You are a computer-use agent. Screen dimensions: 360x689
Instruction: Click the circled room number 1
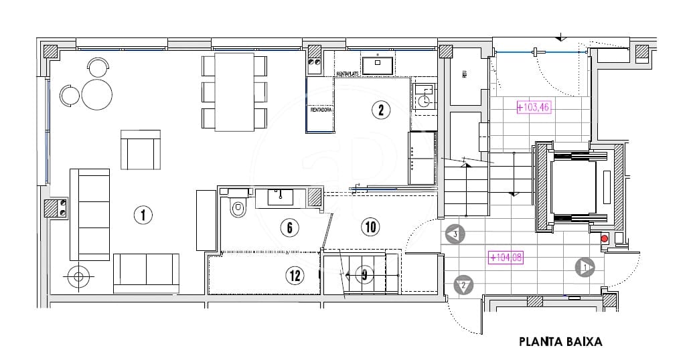143,215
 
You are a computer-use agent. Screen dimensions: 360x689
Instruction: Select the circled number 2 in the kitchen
380,110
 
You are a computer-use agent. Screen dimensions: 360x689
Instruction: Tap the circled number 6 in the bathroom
289,228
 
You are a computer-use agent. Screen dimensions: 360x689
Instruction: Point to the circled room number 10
370,227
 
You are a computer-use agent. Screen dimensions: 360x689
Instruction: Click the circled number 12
295,274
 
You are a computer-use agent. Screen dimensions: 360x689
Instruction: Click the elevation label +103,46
533,106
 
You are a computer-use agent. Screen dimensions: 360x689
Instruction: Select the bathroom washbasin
280,197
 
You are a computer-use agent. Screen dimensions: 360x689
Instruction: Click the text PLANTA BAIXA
560,341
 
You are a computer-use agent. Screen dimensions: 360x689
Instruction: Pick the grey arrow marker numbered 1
585,267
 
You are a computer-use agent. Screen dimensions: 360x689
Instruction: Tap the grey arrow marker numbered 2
463,285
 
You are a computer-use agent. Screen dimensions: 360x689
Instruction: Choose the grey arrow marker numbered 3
454,234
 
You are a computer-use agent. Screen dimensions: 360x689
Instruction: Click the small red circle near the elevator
604,238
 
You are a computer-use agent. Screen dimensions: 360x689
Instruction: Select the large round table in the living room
97,94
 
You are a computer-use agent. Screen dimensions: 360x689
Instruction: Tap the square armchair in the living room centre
141,150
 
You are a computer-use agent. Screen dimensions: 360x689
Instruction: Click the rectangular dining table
234,92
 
